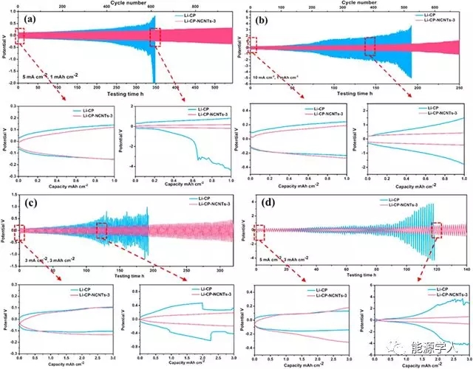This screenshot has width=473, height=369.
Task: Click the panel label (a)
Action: tap(23, 16)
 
